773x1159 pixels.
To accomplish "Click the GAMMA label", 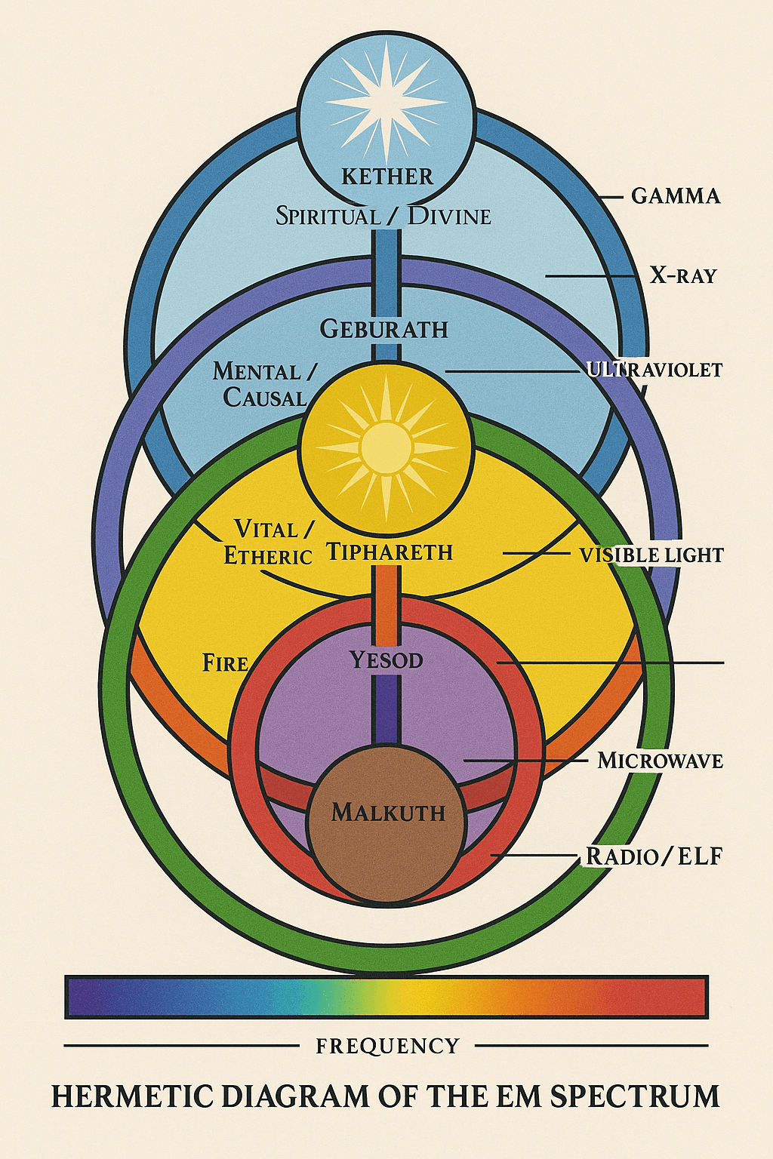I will [676, 196].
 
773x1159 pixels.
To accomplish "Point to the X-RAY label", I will [682, 275].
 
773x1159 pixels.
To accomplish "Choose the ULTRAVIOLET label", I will [654, 370].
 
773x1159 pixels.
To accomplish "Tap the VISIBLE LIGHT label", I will [651, 555].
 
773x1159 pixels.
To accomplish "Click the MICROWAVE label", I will [660, 761].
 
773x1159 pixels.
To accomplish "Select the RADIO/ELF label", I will [654, 856].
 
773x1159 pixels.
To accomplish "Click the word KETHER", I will [387, 177].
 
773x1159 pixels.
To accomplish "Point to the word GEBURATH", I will [383, 329].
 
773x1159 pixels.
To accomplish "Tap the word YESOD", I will [386, 661].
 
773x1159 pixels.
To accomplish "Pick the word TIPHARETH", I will [390, 552].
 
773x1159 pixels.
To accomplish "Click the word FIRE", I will [225, 663].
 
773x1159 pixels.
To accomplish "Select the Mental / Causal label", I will [265, 384].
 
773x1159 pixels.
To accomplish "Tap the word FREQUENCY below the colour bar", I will [387, 1047].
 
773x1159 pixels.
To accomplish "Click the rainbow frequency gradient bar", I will [386, 997].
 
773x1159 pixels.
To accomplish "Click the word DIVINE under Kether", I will [449, 217].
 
